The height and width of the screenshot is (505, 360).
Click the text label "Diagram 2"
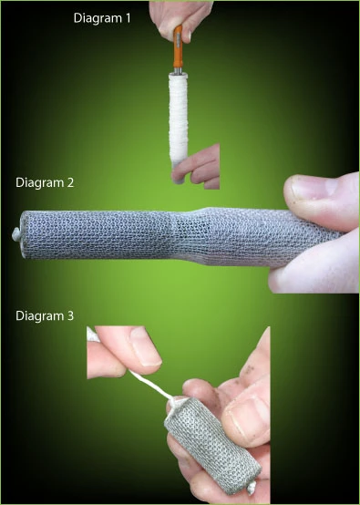coord(46,181)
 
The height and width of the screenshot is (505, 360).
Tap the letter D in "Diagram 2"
coord(21,181)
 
